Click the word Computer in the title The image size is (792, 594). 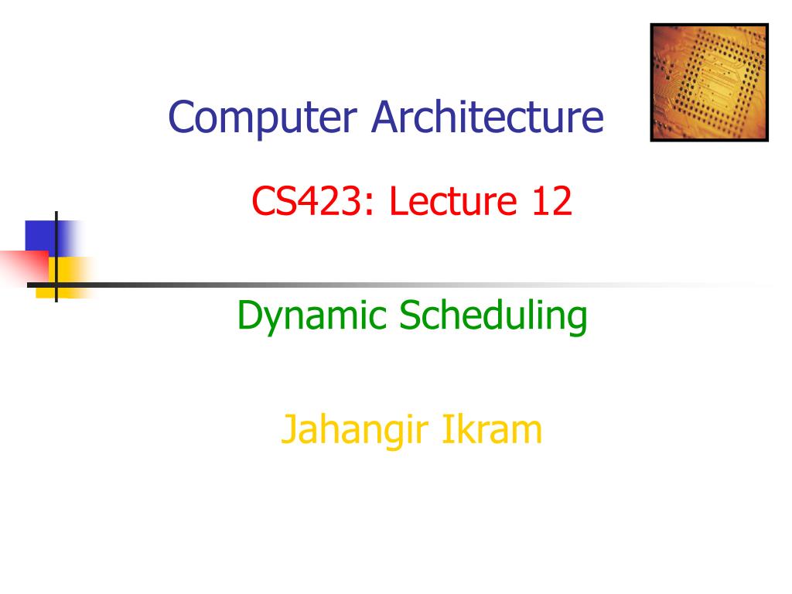(x=263, y=118)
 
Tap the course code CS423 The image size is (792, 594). (x=306, y=200)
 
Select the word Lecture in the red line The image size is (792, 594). (x=453, y=200)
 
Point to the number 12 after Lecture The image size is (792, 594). (x=552, y=200)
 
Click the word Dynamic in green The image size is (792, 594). (x=312, y=317)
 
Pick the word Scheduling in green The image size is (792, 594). (x=493, y=316)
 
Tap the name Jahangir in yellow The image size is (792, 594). (x=355, y=431)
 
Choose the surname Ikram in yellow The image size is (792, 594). (x=493, y=428)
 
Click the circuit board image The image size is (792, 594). (x=709, y=82)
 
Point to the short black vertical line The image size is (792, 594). (x=56, y=257)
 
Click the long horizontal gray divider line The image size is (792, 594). (x=399, y=285)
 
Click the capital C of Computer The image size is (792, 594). (x=182, y=117)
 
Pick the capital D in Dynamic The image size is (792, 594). (x=251, y=315)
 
